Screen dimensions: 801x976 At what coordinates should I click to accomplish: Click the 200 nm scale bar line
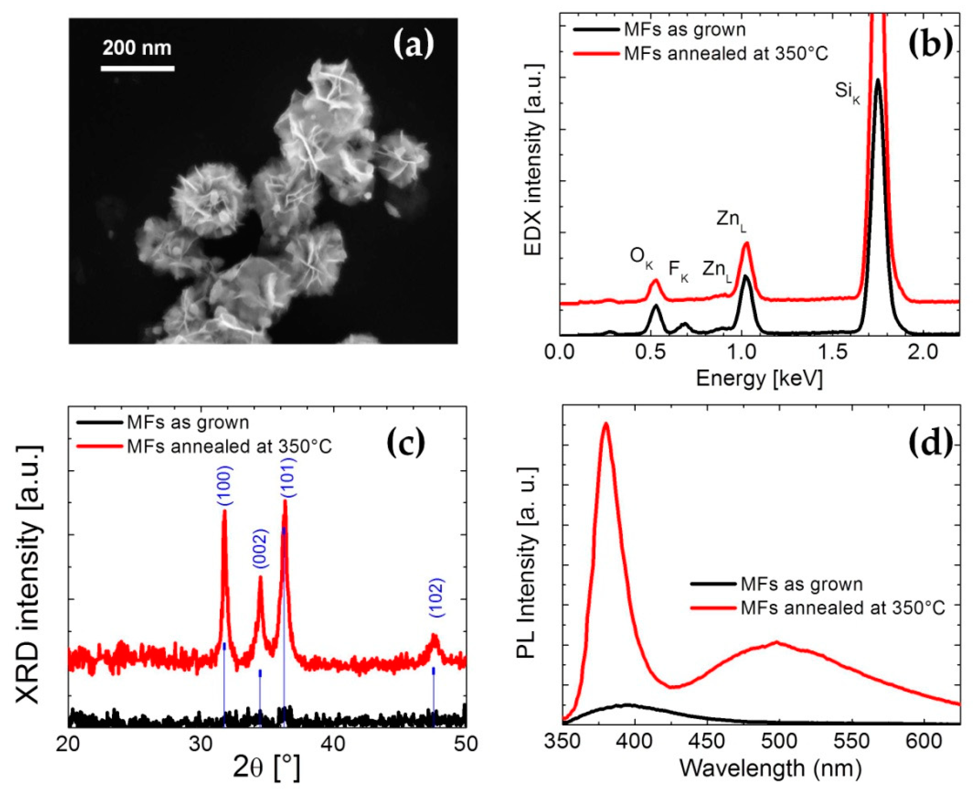point(138,69)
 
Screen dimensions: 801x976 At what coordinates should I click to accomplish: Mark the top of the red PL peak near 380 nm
point(606,424)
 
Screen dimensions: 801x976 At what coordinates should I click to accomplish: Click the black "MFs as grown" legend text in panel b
point(685,30)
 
